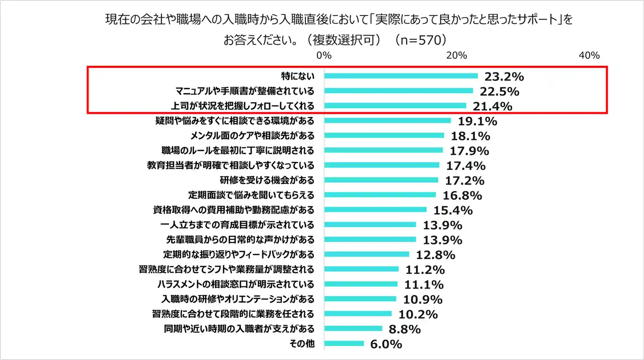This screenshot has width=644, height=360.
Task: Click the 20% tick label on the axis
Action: point(456,55)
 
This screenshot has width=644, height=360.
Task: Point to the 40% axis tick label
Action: point(589,55)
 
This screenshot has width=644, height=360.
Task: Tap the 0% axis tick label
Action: point(324,55)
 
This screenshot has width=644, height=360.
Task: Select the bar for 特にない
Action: point(401,76)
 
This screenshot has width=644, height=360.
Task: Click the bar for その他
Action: point(344,343)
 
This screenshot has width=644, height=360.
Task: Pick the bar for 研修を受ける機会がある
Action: point(381,179)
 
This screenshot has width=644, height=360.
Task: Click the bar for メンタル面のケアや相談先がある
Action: point(384,135)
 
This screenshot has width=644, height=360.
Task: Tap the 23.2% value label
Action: point(504,76)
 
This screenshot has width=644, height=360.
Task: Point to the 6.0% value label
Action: point(385,344)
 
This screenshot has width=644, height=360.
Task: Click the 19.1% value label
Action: point(477,121)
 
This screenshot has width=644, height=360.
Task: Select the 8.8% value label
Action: point(404,329)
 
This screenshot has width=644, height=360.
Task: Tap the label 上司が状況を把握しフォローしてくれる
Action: point(243,106)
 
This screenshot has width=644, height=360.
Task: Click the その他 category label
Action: point(302,343)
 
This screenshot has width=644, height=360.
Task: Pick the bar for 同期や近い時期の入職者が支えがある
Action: point(353,329)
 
